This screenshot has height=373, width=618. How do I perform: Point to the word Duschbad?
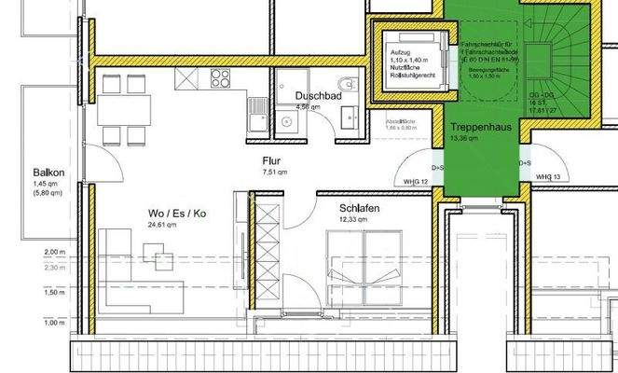click(314, 96)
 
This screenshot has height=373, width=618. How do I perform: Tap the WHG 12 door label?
click(416, 180)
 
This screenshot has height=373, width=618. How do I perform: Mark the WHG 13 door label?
click(548, 177)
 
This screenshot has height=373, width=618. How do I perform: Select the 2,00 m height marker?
click(55, 253)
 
